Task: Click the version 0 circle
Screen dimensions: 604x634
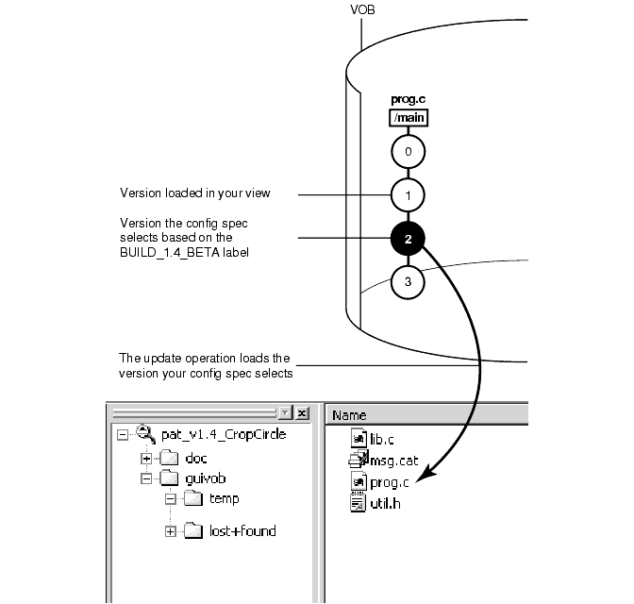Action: [409, 151]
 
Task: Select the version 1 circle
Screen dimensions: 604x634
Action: [409, 195]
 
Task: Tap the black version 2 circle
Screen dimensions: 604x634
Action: [409, 239]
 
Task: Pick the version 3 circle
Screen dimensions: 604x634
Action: [409, 281]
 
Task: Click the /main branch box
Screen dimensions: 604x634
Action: [409, 118]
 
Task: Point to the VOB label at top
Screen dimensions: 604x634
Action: [363, 10]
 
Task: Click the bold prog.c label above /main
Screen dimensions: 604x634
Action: [409, 99]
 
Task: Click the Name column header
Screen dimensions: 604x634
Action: [349, 414]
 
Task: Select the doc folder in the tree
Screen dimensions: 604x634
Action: [196, 459]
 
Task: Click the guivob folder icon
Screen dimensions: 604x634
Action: [169, 478]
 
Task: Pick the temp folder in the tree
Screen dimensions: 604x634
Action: [224, 499]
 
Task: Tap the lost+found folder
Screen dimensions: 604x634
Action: [242, 531]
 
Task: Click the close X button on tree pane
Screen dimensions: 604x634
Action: [302, 413]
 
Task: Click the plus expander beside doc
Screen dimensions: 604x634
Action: [146, 459]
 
